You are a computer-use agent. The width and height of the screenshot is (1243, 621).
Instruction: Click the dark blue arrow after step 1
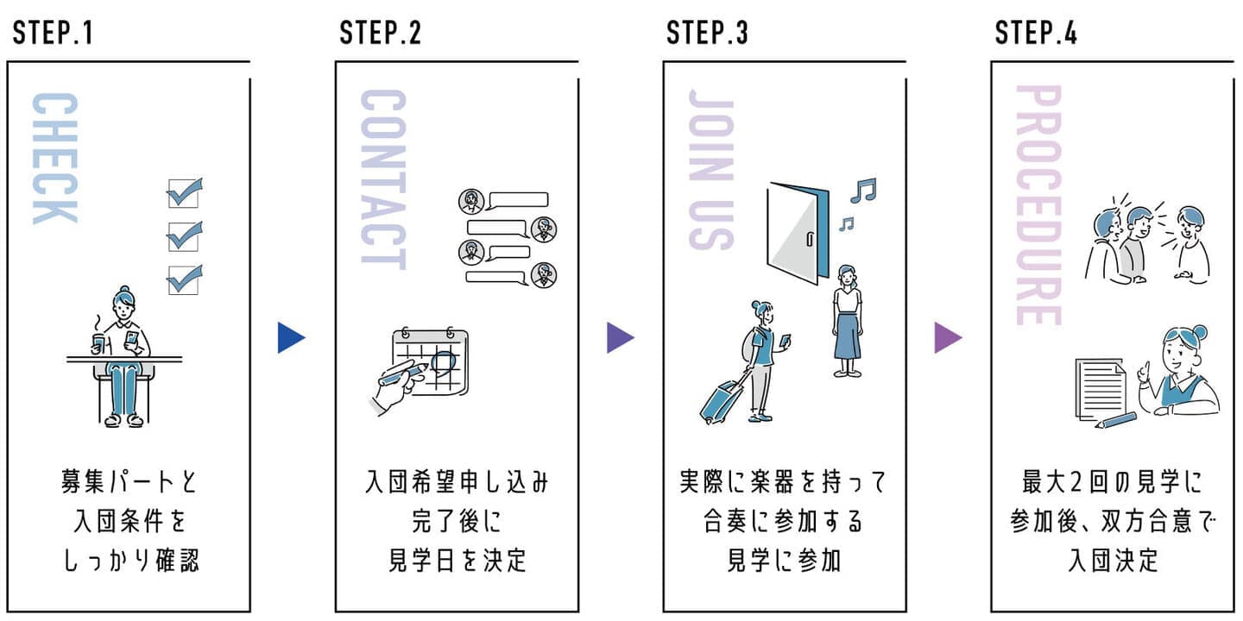[291, 338]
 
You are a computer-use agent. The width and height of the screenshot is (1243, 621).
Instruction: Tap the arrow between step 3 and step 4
[947, 338]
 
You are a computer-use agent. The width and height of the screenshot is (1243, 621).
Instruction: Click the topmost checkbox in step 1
[184, 192]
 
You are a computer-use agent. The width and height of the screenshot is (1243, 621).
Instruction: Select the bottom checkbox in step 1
[184, 279]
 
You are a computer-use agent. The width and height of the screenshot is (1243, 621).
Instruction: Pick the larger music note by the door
[862, 190]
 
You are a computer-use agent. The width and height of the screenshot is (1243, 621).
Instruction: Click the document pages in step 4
[1101, 388]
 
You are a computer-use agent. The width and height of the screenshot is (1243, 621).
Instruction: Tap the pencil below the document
[1115, 421]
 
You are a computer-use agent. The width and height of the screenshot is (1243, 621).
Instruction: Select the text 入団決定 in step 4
[1113, 561]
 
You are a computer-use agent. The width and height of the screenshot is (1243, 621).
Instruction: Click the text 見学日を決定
[457, 561]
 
